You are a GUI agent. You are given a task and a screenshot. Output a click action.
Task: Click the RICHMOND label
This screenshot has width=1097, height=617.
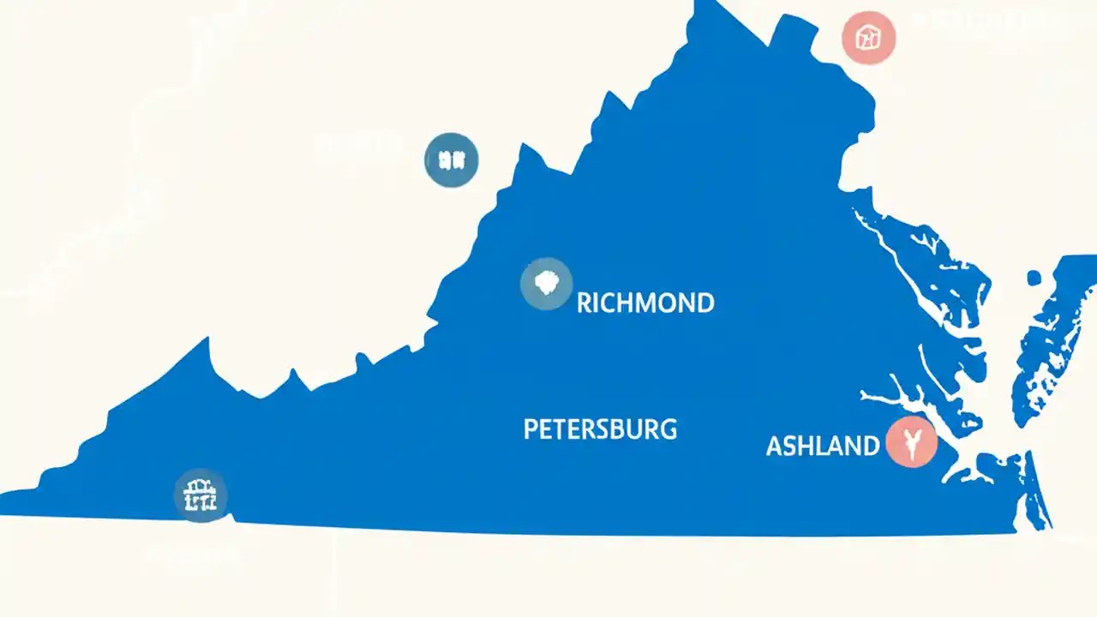645,303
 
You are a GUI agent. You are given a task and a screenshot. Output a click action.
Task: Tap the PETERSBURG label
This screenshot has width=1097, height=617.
600,428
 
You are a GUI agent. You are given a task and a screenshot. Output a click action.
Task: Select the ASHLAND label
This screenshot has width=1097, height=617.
822,446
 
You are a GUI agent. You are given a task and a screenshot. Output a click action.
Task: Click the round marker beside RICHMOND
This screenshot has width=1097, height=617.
546,284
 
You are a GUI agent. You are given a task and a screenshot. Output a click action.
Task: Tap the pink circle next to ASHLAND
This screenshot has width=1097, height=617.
911,443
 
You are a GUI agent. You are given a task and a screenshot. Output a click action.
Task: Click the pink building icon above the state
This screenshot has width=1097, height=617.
869,38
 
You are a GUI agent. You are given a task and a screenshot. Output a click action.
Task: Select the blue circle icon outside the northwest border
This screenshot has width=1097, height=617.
452,160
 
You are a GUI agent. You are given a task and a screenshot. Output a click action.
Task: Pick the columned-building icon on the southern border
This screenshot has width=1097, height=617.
201,495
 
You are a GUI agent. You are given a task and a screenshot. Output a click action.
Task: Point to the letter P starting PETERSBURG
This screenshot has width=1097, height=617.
531,428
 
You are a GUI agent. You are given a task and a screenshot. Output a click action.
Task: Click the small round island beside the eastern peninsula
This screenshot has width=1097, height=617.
1034,278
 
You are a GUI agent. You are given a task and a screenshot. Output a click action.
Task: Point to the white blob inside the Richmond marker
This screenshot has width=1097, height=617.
546,282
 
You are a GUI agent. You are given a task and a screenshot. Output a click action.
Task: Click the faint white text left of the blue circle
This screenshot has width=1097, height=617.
358,144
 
